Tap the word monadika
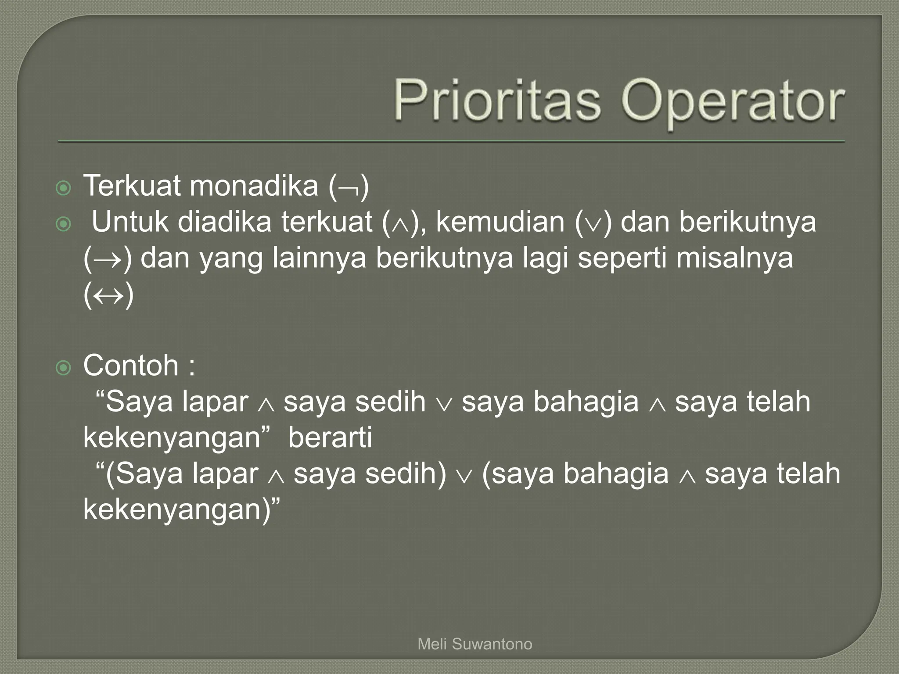(x=253, y=186)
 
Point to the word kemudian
(x=500, y=222)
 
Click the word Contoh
(x=130, y=366)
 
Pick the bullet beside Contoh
(x=64, y=368)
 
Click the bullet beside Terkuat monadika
(x=64, y=189)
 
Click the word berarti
(x=330, y=437)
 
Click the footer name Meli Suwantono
(x=475, y=644)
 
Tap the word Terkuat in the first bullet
(x=132, y=186)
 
